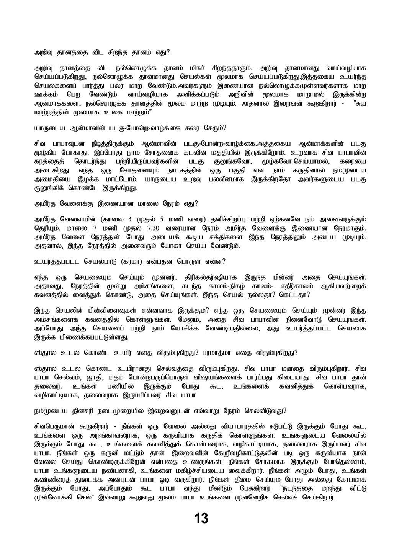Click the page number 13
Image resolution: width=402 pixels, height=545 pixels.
pyautogui.click(x=201, y=519)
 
